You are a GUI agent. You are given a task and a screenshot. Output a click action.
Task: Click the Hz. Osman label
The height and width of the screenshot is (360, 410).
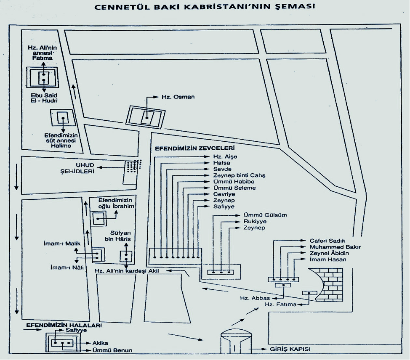click(178, 97)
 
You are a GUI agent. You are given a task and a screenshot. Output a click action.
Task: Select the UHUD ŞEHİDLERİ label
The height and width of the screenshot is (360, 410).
click(77, 168)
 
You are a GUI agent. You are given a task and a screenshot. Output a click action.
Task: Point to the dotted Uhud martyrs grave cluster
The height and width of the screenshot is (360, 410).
click(133, 166)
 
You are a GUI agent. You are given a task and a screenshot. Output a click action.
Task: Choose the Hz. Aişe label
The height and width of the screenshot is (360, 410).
click(225, 157)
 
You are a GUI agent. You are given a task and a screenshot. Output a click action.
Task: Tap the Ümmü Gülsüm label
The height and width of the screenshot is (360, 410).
click(265, 215)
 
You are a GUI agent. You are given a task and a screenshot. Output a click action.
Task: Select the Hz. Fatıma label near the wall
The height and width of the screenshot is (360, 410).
click(281, 304)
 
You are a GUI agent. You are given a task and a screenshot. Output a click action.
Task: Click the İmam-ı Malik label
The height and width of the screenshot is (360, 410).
click(62, 244)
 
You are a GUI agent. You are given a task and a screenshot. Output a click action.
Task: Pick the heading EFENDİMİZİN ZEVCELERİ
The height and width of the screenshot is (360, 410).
click(194, 148)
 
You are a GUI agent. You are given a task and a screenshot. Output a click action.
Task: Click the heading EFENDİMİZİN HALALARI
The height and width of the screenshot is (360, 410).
click(64, 325)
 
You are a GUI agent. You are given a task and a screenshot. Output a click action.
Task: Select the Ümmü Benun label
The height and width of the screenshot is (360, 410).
click(112, 350)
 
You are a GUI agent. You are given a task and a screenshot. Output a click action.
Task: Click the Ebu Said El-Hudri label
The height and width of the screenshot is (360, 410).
click(44, 98)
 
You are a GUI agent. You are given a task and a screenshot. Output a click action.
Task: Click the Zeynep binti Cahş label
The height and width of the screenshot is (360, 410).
click(239, 175)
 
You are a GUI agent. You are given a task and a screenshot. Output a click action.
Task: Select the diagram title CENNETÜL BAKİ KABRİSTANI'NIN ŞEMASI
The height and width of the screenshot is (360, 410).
click(205, 7)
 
